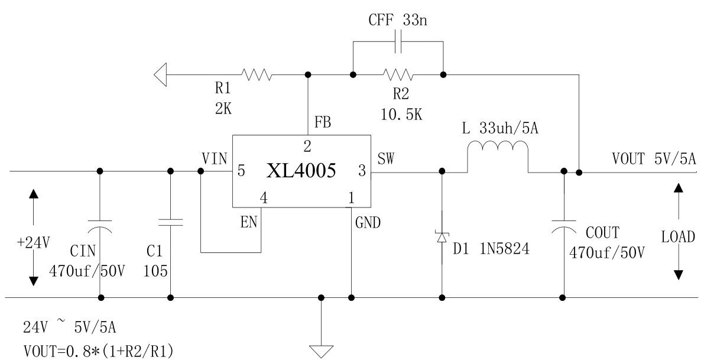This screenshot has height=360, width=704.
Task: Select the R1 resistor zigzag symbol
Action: tap(256, 74)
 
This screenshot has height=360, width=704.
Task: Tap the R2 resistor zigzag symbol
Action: tap(398, 74)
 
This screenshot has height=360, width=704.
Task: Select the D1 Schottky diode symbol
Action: tap(442, 236)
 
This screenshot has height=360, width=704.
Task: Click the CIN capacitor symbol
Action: tap(100, 226)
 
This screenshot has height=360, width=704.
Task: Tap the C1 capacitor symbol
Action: tap(170, 222)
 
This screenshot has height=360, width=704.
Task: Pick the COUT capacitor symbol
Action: tap(563, 226)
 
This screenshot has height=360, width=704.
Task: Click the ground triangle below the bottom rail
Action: tap(321, 351)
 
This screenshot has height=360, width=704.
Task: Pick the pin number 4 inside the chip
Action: tap(264, 199)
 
